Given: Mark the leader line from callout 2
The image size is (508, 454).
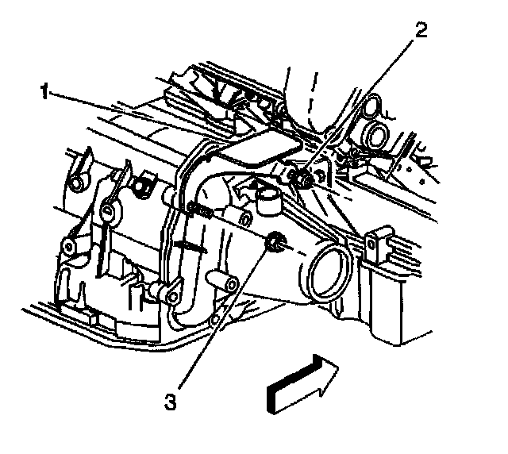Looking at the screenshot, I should coord(365,102).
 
